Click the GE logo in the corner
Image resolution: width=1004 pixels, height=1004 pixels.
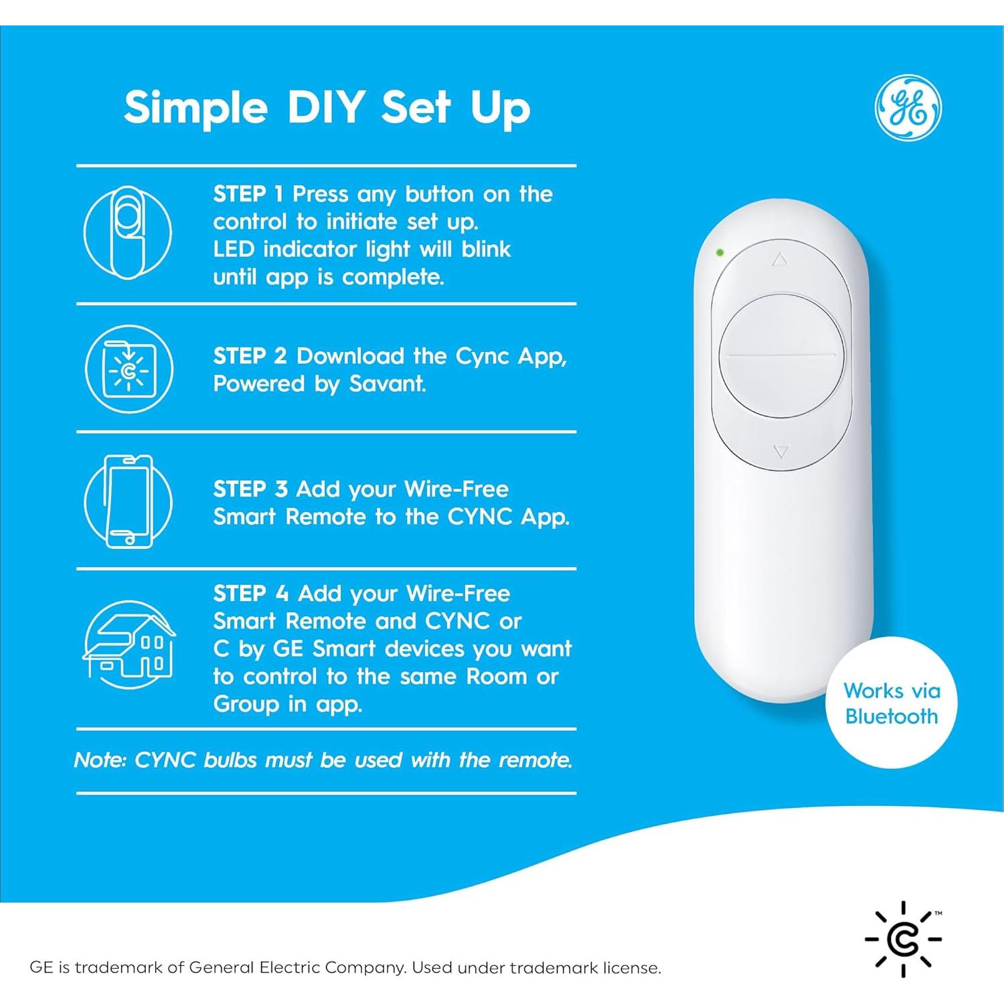pos(908,108)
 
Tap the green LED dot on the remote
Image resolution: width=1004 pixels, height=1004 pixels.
pos(720,253)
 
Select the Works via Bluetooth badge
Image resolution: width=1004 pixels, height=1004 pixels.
pos(892,703)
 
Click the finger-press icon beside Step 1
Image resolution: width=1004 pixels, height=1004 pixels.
pos(128,232)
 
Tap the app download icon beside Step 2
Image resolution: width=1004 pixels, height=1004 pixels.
pos(129,369)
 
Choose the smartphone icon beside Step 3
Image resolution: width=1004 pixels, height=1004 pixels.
pos(129,501)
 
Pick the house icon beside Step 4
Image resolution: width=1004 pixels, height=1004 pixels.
pos(129,645)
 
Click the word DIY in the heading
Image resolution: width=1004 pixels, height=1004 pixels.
pos(326,107)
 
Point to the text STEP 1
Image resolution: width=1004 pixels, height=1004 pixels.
pos(248,194)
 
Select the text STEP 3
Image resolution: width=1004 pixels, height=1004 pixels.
pos(250,489)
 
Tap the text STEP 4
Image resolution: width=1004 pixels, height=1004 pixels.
pos(251,594)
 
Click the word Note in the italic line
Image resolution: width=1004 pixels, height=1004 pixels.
pos(100,760)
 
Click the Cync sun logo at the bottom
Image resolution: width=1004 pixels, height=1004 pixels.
pos(904,938)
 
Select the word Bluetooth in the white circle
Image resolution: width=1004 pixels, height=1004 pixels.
pos(892,716)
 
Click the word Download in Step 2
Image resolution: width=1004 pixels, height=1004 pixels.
pos(350,356)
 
